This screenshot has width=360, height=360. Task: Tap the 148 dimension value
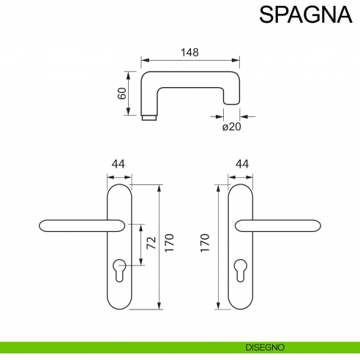190,53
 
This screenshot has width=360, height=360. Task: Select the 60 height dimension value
122,93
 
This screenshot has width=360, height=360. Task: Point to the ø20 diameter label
231,127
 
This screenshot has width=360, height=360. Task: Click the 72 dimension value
151,244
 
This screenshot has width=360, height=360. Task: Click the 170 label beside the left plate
169,244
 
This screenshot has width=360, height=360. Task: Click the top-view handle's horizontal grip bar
190,76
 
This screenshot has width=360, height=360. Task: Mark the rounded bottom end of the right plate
242,302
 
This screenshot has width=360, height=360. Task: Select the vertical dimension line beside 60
130,93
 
